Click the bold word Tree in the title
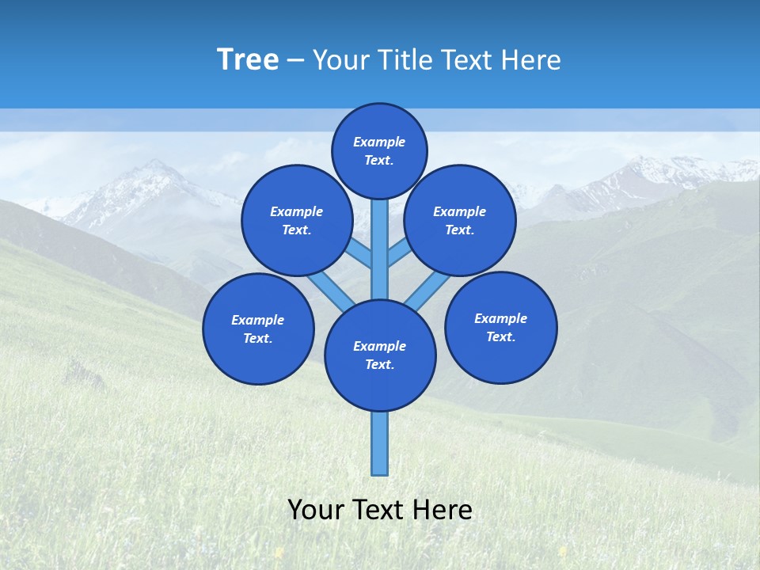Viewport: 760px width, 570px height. (x=248, y=59)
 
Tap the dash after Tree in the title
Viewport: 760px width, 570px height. (x=295, y=60)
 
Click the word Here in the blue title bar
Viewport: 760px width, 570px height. (x=531, y=59)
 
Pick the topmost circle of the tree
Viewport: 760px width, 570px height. (x=379, y=150)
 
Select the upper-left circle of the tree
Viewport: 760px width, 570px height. (x=297, y=220)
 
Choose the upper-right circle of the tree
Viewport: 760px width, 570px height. (x=460, y=220)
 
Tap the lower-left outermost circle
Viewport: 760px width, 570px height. (x=258, y=329)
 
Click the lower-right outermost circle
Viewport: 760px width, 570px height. (x=501, y=327)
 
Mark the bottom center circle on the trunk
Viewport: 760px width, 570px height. (x=380, y=355)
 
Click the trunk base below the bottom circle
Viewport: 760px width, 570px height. (x=380, y=443)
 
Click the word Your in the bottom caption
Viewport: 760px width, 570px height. (x=316, y=510)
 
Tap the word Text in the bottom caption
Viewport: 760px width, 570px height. (x=379, y=510)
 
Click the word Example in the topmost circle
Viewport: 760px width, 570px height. (x=379, y=142)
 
